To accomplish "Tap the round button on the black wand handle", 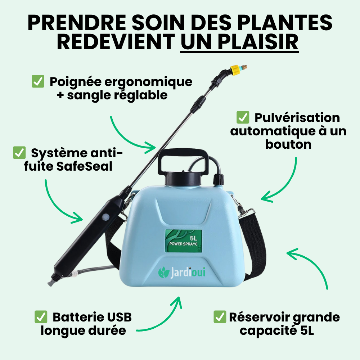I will pyautogui.click(x=106, y=217).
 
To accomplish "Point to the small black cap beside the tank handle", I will pyautogui.click(x=218, y=179).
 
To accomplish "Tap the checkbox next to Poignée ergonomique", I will pyautogui.click(x=38, y=82).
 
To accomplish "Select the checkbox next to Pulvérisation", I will pyautogui.click(x=242, y=117).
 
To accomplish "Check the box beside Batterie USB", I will pyautogui.click(x=41, y=317).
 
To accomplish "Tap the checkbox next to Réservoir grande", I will pyautogui.click(x=220, y=317).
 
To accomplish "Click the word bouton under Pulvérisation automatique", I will pyautogui.click(x=288, y=144).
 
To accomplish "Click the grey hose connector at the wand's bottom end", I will pyautogui.click(x=54, y=278).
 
